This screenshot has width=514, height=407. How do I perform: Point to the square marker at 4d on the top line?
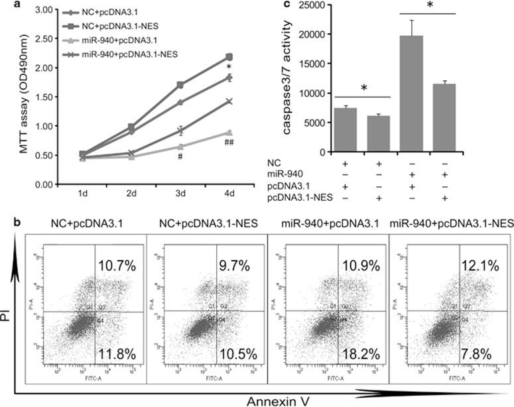pyautogui.click(x=229, y=57)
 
